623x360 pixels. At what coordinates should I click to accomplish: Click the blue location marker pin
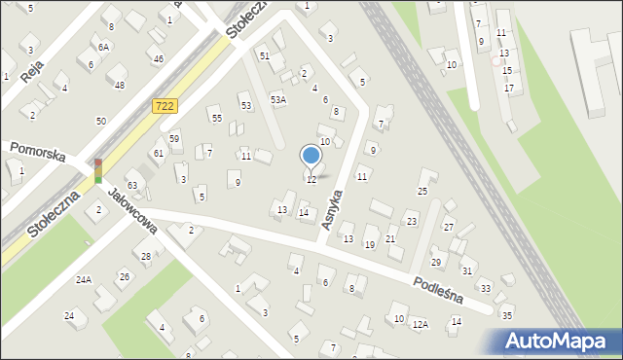(311, 156)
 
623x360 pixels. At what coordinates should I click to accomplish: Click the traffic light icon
(98, 170)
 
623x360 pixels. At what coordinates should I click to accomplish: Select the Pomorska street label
(37, 153)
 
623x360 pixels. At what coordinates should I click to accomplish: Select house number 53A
(278, 99)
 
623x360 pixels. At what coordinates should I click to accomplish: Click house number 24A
(84, 280)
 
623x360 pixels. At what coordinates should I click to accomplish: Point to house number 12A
(420, 324)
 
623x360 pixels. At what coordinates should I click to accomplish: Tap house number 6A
(103, 47)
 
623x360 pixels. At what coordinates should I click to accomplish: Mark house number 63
(132, 185)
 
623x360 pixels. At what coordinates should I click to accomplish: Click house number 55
(216, 118)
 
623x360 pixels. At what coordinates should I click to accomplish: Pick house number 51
(264, 56)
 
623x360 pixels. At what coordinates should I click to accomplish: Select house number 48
(120, 86)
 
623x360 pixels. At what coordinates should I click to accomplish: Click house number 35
(506, 315)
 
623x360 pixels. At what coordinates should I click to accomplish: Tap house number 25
(422, 191)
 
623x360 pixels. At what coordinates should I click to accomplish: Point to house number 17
(509, 89)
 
